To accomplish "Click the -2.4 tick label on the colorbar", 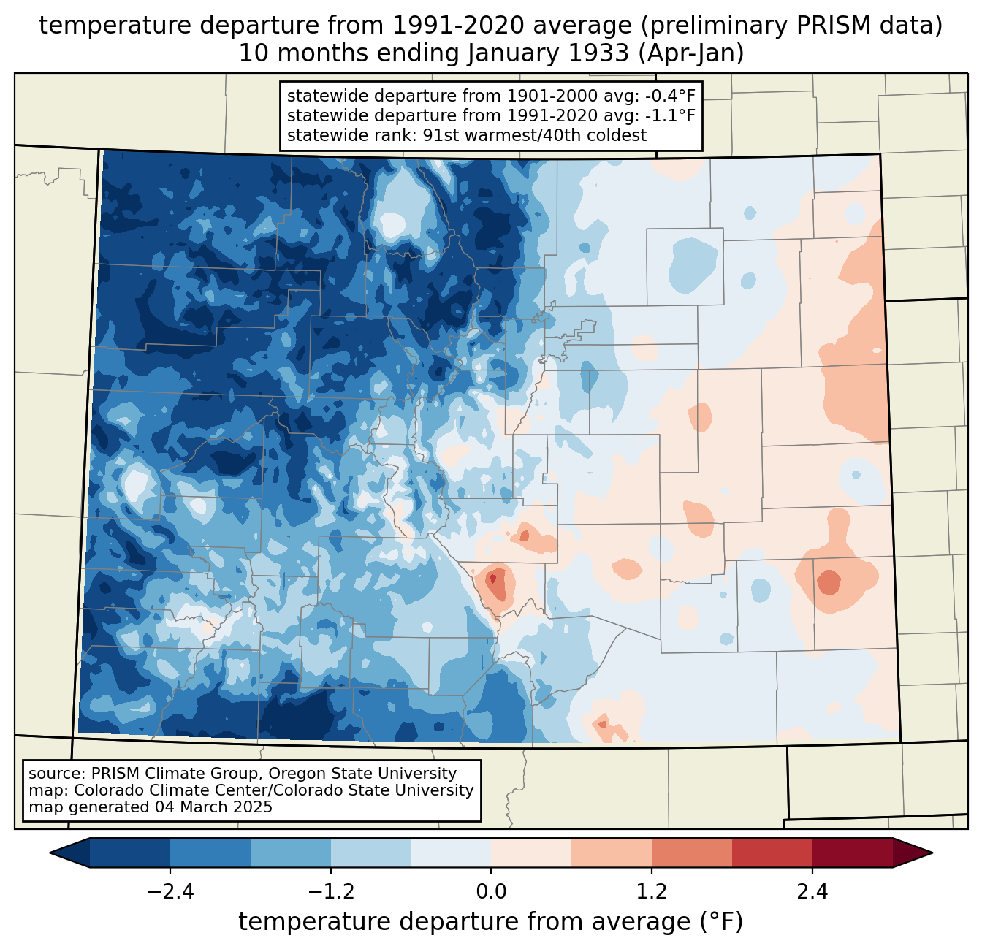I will pyautogui.click(x=170, y=892).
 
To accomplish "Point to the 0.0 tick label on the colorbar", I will pyautogui.click(x=491, y=892).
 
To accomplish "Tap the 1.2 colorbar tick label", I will pyautogui.click(x=652, y=892).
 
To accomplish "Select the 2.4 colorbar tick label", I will pyautogui.click(x=812, y=892).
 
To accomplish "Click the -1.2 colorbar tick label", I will pyautogui.click(x=330, y=892).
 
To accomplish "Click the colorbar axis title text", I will pyautogui.click(x=491, y=922).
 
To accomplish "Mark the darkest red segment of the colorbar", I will pyautogui.click(x=852, y=853).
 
